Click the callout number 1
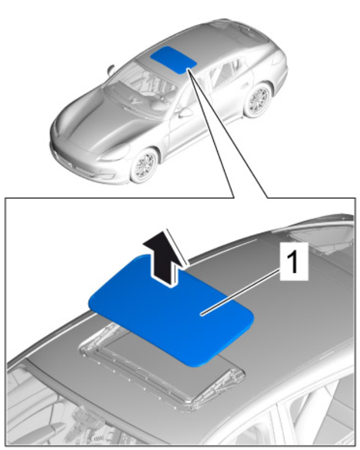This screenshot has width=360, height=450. (293, 261)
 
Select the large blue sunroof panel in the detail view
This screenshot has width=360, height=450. (171, 311)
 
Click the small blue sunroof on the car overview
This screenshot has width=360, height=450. (174, 60)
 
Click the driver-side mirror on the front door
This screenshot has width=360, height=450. (185, 112)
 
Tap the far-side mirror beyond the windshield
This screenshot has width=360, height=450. (111, 69)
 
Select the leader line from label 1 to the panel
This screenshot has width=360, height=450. (240, 292)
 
